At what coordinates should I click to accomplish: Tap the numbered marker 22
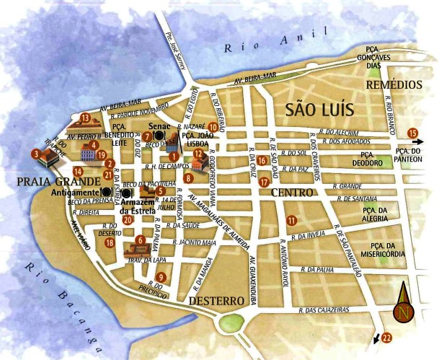(x=386, y=337)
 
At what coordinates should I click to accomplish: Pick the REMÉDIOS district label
(x=394, y=84)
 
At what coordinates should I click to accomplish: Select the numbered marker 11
(x=291, y=220)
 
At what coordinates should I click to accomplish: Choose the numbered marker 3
(x=35, y=153)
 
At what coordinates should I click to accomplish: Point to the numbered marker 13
(x=84, y=118)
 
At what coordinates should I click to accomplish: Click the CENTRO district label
(x=292, y=193)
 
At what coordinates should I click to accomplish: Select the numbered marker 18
(x=110, y=243)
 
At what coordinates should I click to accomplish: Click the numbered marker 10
(x=213, y=127)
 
